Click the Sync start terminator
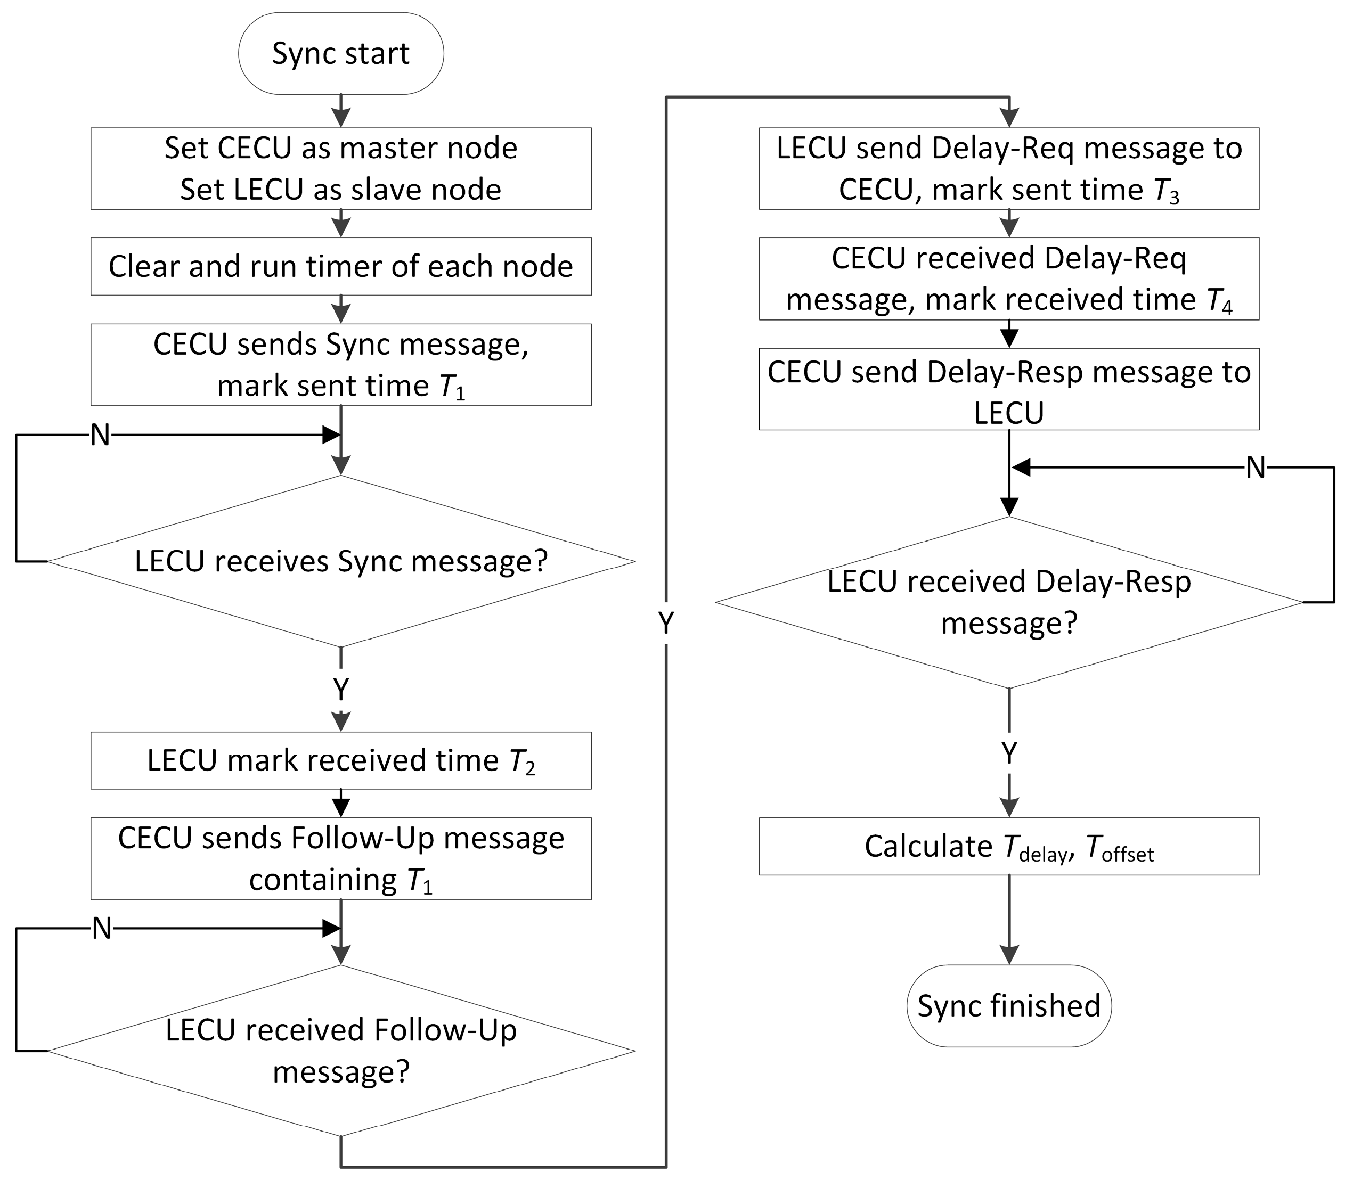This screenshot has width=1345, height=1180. point(341,53)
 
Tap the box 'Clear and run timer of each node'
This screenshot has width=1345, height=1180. point(341,266)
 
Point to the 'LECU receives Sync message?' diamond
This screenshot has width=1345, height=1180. point(341,561)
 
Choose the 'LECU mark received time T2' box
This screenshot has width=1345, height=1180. point(341,760)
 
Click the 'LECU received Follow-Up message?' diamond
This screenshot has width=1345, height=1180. point(341,1051)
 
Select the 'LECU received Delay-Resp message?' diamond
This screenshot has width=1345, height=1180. point(1009,602)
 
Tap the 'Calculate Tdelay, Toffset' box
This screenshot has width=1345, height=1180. point(1009,847)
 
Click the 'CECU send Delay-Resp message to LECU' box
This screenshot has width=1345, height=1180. point(1009,389)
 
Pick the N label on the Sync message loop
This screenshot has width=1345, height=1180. point(100,435)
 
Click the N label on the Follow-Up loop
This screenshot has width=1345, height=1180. point(101,929)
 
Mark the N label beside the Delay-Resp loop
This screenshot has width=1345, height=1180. point(1256,468)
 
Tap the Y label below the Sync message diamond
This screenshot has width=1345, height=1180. point(341,690)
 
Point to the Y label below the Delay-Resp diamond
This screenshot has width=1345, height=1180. point(1009,752)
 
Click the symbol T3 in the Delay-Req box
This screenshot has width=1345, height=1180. point(1166,191)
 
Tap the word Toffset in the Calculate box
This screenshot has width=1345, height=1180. point(1119,848)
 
